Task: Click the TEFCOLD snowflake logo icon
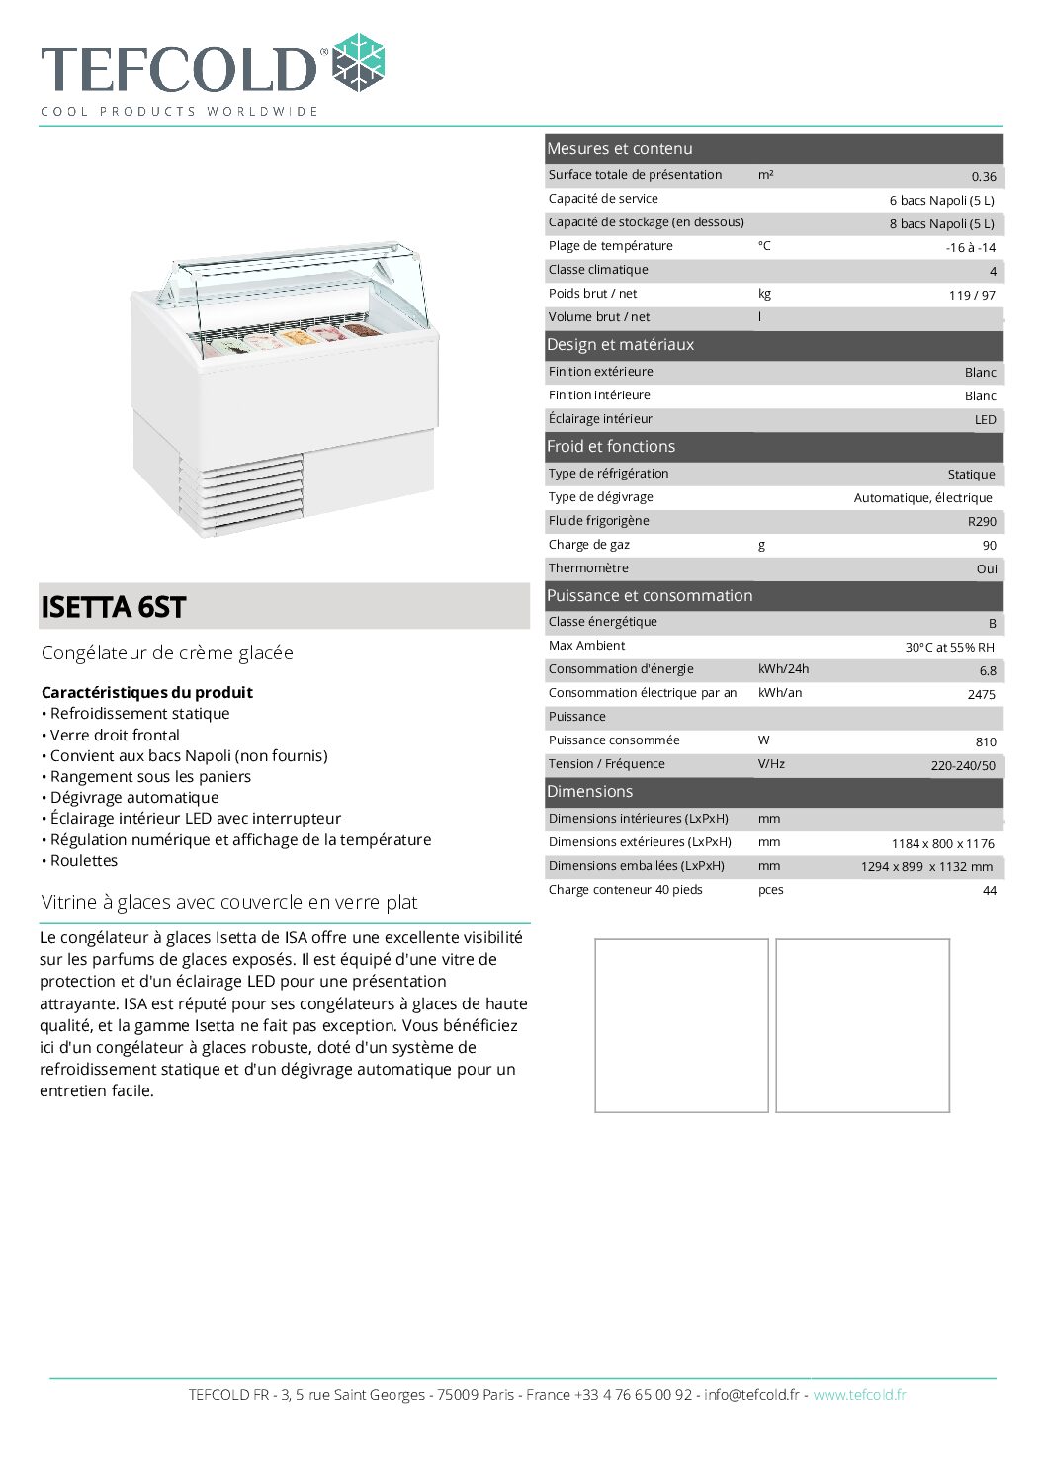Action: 358,63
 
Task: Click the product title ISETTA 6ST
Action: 113,607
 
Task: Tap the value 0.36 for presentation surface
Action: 983,177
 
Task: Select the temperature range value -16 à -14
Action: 970,248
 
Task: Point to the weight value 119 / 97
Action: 972,296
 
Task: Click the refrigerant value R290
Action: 982,522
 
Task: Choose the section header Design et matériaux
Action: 620,345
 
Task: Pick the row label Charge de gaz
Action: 588,545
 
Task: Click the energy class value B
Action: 992,624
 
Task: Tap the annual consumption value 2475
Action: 981,695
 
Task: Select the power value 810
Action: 985,742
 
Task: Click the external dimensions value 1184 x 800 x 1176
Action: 942,844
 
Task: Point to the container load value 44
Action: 989,891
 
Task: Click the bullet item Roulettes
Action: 84,861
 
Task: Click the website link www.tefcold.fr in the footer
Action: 859,1395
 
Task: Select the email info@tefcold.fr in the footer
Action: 751,1395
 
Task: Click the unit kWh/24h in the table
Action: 783,669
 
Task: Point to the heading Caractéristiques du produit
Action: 146,693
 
